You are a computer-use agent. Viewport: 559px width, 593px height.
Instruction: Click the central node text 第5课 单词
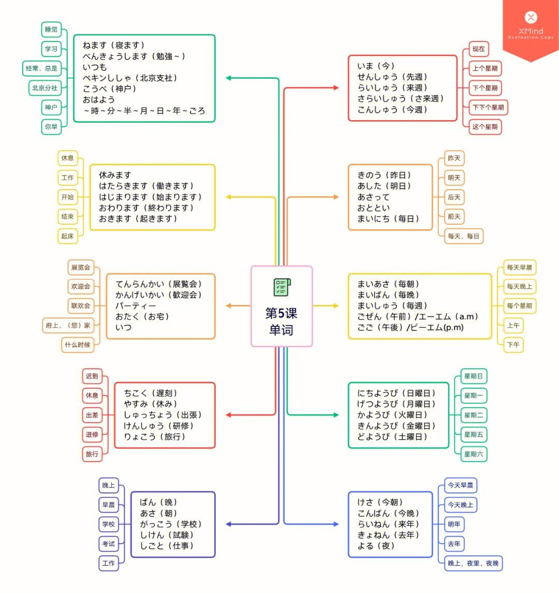click(281, 322)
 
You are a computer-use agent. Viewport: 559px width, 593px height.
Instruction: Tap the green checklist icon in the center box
click(282, 287)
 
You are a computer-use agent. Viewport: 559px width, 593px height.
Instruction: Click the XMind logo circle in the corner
click(531, 17)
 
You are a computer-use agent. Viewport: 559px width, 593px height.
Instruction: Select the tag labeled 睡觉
click(51, 30)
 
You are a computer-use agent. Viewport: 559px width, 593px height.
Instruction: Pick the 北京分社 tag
click(45, 88)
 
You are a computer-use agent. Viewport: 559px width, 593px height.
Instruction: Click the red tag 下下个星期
click(488, 107)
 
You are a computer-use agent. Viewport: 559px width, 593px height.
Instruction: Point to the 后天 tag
click(454, 197)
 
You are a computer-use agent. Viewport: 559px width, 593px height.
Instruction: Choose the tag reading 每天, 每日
click(463, 236)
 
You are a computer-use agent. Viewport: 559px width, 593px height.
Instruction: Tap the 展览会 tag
click(81, 267)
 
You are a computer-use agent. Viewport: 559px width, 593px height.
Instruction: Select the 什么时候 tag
click(78, 345)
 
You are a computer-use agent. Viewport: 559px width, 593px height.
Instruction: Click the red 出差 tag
click(92, 415)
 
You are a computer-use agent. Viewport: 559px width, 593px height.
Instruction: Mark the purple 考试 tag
click(109, 544)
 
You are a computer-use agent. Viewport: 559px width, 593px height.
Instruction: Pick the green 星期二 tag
click(474, 415)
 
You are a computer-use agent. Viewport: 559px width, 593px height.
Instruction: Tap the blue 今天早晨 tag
click(460, 485)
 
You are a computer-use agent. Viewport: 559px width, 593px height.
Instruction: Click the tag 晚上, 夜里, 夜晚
click(473, 563)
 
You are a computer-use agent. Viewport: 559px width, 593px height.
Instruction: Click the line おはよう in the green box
click(99, 99)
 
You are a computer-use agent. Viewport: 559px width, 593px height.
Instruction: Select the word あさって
click(373, 197)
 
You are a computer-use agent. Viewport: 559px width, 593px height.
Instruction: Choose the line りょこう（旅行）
click(155, 437)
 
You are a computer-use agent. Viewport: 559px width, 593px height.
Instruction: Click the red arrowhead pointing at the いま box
click(336, 88)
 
